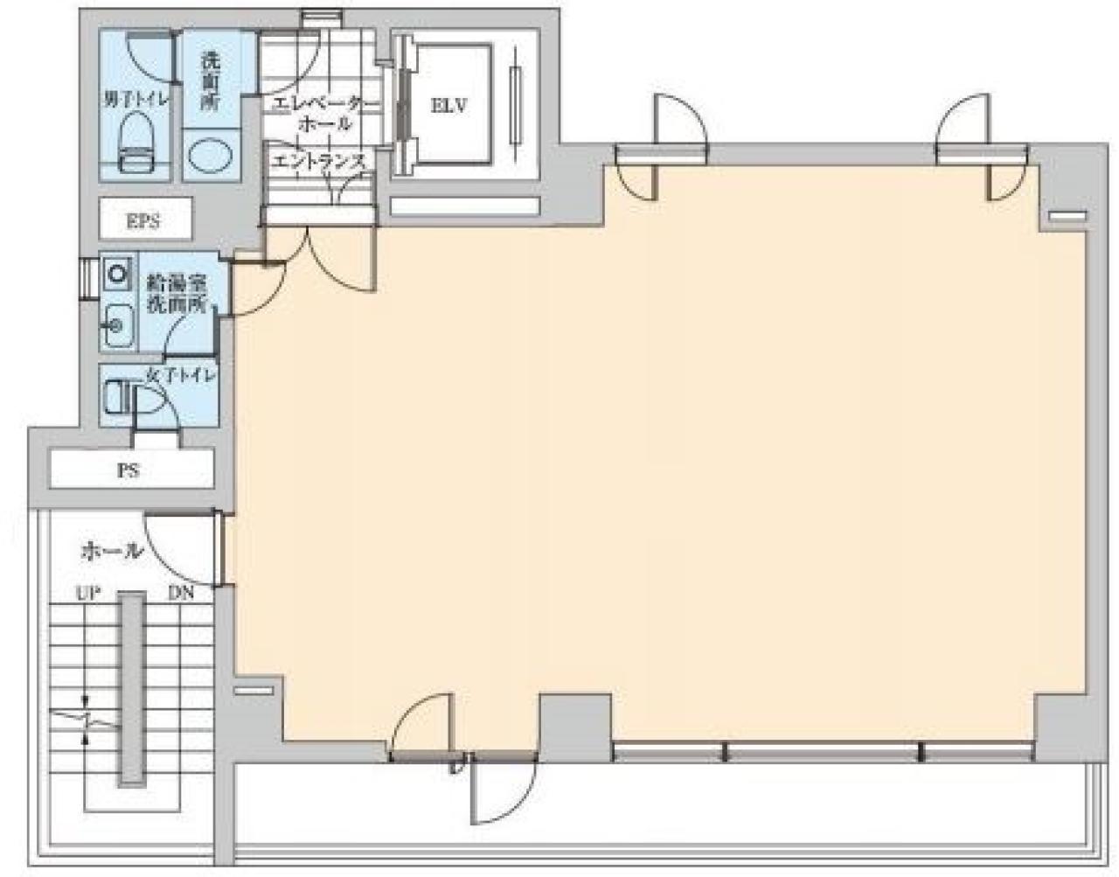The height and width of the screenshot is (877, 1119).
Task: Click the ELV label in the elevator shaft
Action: (x=449, y=106)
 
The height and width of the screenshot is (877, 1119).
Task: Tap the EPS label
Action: (x=143, y=220)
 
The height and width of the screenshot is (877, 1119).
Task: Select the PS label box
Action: (x=130, y=470)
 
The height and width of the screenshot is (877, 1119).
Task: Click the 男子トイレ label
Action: (x=136, y=99)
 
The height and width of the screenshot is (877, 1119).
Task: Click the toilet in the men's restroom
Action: (x=134, y=145)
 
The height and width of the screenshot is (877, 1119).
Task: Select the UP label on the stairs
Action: (x=87, y=594)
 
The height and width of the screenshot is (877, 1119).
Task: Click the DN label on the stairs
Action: (x=181, y=594)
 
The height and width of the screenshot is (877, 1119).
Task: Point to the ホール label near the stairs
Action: (x=111, y=551)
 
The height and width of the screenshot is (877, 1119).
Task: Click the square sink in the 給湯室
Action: (x=116, y=274)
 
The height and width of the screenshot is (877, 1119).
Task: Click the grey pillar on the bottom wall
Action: (x=573, y=726)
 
